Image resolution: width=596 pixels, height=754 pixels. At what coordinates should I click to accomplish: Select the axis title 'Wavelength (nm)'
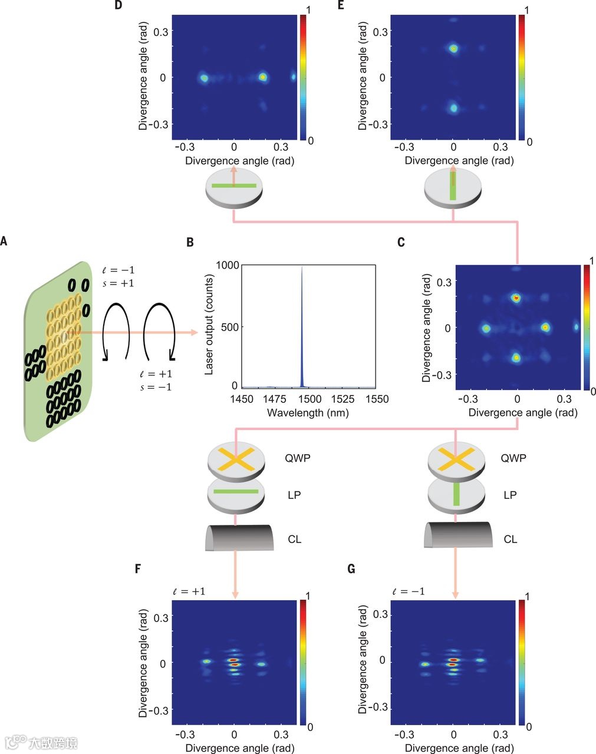(307, 412)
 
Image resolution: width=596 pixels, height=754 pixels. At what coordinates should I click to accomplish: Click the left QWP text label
(297, 458)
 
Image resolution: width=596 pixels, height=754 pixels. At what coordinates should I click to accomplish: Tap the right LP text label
(511, 495)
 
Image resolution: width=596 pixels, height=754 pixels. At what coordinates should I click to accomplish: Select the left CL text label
(295, 539)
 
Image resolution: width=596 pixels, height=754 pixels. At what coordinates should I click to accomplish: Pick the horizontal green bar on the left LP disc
(236, 491)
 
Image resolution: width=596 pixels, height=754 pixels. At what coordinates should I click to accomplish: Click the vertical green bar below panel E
(453, 186)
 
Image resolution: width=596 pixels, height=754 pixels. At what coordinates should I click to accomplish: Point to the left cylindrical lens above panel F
(239, 537)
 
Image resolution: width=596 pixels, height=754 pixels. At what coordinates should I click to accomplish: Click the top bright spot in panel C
(517, 298)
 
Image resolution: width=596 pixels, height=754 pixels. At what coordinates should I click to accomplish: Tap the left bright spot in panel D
(204, 77)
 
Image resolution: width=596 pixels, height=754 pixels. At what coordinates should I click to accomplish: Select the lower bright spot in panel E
(453, 108)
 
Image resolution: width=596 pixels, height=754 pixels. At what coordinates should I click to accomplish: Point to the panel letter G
(352, 570)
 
